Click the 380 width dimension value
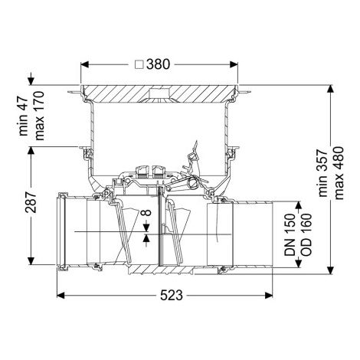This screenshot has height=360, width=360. (x=158, y=64)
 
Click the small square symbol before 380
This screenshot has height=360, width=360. (x=139, y=64)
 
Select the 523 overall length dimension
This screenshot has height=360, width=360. (x=172, y=296)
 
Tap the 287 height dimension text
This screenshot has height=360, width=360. (x=31, y=202)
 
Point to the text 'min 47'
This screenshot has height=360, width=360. (x=23, y=116)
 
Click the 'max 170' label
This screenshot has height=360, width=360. (x=39, y=116)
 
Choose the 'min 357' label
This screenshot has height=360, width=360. (x=323, y=173)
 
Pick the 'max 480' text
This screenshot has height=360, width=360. (x=339, y=173)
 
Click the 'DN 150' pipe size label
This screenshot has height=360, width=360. (x=290, y=234)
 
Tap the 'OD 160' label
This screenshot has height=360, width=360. (x=306, y=234)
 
